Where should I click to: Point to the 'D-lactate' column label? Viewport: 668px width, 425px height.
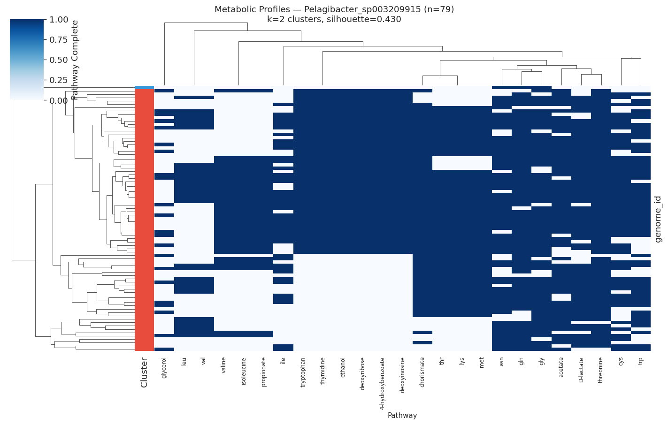coord(581,370)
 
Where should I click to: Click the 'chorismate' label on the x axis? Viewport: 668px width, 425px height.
coord(422,372)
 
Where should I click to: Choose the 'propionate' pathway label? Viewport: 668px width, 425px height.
coord(263,372)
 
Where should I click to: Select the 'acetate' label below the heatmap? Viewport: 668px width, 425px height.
coord(561,367)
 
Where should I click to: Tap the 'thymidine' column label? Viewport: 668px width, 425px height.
coord(322,371)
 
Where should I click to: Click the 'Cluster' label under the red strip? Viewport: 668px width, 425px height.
coord(144,372)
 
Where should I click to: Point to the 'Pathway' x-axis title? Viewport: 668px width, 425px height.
coord(402,416)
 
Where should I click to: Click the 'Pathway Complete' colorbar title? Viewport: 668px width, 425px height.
coord(75,60)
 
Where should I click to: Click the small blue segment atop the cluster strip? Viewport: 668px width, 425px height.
coord(144,87)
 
